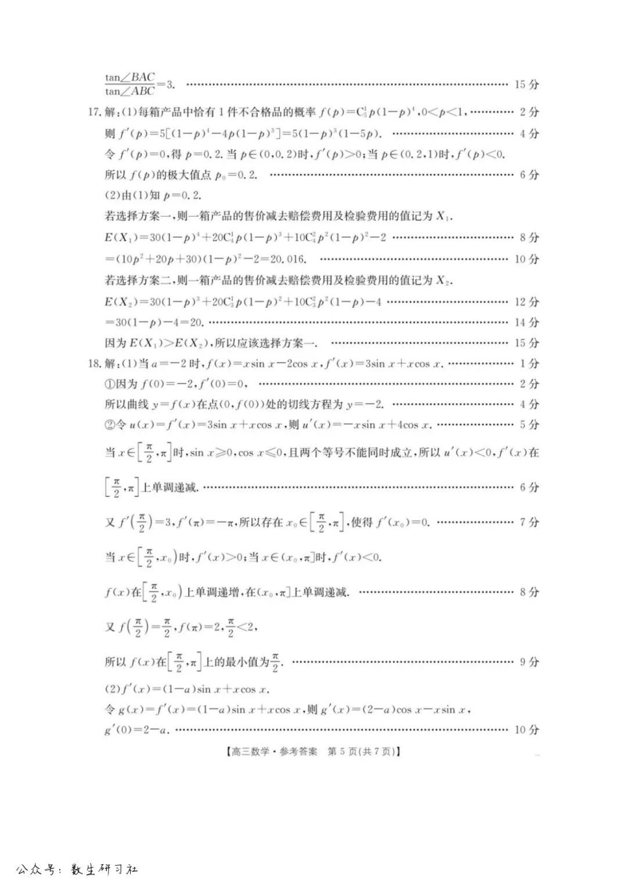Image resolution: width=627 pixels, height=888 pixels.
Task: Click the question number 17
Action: click(x=94, y=112)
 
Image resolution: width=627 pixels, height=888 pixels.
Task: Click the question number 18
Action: click(x=94, y=364)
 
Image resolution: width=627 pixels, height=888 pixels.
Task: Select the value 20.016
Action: click(x=286, y=259)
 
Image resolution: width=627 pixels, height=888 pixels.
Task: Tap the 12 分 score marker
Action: click(x=527, y=302)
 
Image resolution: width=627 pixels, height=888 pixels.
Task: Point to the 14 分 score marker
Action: click(x=527, y=322)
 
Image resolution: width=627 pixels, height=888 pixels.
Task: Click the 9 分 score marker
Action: click(x=529, y=661)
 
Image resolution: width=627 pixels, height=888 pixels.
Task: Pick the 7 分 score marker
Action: click(x=529, y=522)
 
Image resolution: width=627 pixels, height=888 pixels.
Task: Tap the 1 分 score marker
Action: click(x=529, y=364)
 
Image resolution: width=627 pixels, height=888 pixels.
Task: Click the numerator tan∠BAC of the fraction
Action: click(x=130, y=77)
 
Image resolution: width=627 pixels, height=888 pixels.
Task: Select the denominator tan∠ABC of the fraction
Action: click(x=130, y=91)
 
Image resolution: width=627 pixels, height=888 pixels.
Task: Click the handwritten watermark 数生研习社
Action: click(x=105, y=869)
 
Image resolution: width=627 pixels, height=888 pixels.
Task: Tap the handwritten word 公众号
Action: click(x=37, y=869)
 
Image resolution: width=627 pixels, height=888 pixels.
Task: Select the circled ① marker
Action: click(x=110, y=384)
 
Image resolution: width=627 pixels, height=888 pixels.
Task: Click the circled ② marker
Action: click(x=110, y=425)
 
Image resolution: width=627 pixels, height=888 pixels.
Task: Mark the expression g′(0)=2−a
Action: click(x=137, y=730)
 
